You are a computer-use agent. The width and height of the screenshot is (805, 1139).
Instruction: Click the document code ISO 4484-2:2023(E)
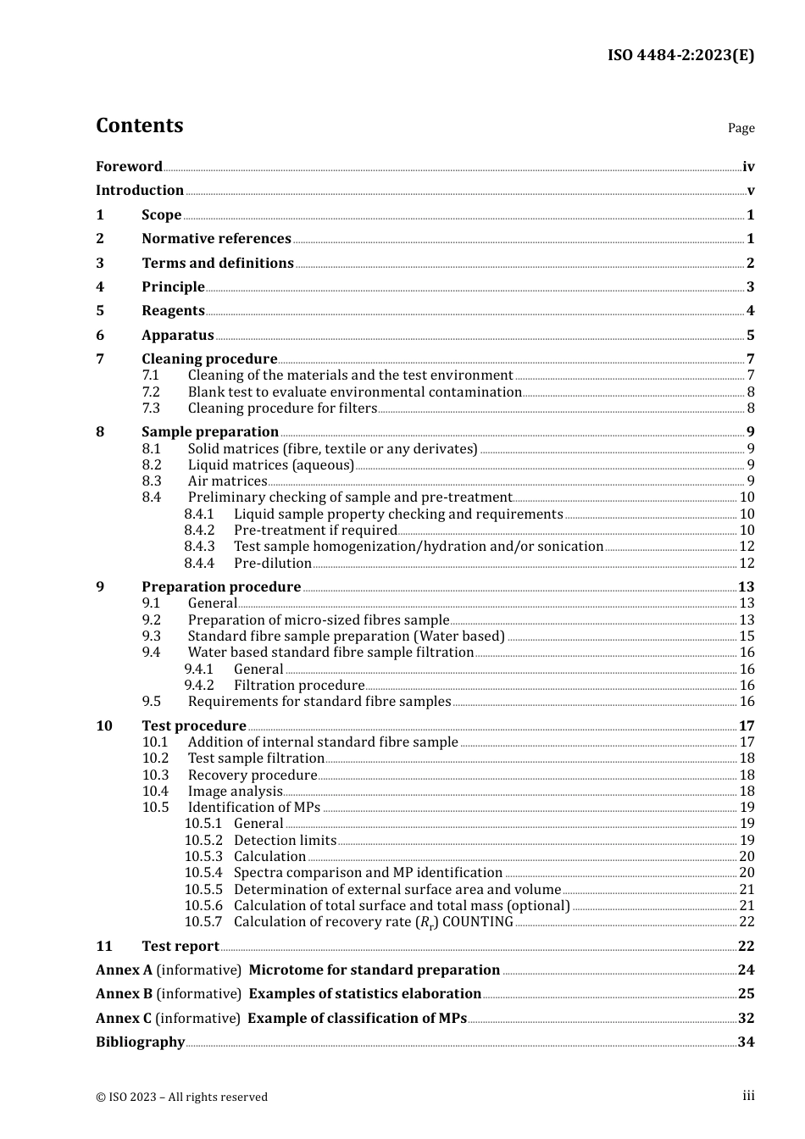click(680, 56)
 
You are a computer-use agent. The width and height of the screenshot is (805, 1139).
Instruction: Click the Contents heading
click(139, 125)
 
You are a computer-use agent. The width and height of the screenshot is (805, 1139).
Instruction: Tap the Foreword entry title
click(129, 167)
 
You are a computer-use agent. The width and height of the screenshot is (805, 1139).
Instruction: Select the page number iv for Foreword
click(748, 167)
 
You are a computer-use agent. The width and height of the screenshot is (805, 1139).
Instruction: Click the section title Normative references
click(216, 239)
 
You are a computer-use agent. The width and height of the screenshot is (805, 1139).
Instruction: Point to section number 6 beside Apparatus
click(100, 336)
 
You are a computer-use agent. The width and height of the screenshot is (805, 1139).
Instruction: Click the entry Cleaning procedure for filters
click(282, 408)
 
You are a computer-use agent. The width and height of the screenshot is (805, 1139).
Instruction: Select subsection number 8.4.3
click(199, 547)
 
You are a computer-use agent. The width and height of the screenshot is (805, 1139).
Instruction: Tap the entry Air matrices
click(227, 481)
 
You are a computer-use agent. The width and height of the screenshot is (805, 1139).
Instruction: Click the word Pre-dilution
click(272, 564)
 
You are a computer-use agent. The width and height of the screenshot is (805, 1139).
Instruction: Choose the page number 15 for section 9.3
click(747, 636)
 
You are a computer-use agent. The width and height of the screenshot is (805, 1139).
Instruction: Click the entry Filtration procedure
click(299, 686)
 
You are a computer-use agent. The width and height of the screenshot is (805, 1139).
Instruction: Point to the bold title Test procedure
click(194, 726)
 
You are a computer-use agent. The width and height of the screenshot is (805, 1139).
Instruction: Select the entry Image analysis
click(235, 792)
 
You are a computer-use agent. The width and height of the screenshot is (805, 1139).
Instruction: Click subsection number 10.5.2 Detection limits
click(203, 841)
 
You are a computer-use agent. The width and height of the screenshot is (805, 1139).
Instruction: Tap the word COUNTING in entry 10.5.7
click(478, 922)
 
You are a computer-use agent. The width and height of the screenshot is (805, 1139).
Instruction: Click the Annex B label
click(124, 994)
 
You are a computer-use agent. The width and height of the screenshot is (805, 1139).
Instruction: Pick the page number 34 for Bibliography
click(746, 1042)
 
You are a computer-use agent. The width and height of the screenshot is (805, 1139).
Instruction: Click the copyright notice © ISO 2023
click(181, 1097)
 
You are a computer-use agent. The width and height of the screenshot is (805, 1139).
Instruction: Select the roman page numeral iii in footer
click(748, 1096)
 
